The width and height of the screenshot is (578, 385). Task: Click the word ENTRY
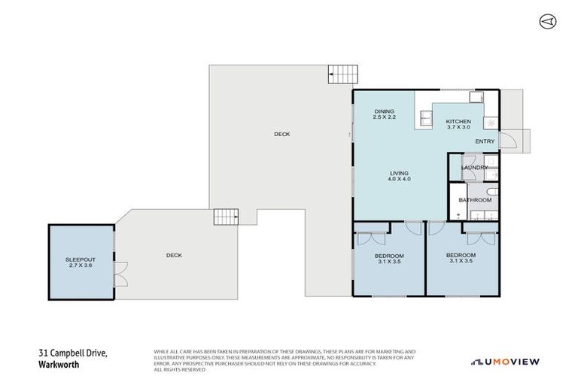pyautogui.click(x=485, y=141)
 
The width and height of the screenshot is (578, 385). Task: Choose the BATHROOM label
pyautogui.click(x=476, y=200)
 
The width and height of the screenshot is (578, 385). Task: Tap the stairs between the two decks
pyautogui.click(x=226, y=217)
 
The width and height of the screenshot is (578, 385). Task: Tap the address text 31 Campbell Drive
pyautogui.click(x=73, y=351)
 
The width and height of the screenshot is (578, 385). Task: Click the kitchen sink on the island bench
pyautogui.click(x=426, y=117)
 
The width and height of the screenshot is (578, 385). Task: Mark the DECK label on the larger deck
pyautogui.click(x=281, y=134)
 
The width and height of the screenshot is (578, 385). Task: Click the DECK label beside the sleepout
pyautogui.click(x=174, y=255)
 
